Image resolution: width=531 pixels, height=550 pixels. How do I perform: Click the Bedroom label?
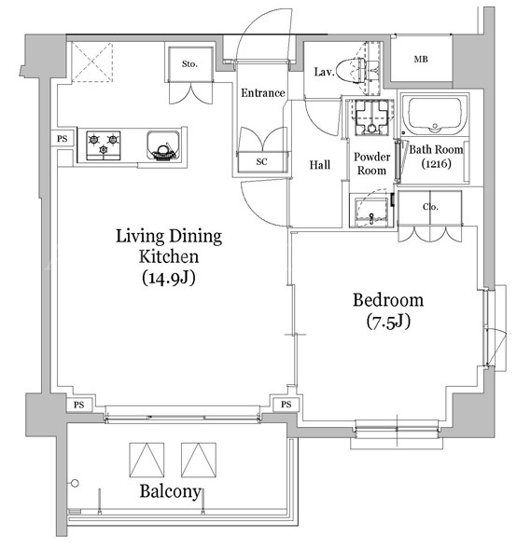tap(388, 300)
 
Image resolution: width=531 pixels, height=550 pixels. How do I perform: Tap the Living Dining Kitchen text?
tap(169, 246)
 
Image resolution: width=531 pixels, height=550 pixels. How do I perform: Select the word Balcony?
tap(171, 492)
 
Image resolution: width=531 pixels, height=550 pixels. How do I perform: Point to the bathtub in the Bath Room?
tap(435, 115)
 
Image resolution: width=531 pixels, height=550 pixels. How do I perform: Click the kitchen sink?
tap(162, 145)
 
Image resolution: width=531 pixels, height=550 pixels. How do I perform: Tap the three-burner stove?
tap(104, 144)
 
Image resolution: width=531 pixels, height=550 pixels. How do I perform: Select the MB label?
tap(421, 60)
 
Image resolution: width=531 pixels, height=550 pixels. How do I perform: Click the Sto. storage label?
tap(189, 64)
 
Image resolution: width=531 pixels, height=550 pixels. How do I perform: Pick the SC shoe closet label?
tap(261, 161)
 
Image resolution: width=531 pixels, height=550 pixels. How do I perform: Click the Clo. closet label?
tap(430, 207)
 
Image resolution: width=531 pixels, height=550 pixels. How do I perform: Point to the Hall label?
tap(320, 165)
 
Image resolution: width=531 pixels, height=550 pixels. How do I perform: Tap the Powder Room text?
tap(372, 164)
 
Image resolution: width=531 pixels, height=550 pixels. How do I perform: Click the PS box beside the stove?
tap(63, 139)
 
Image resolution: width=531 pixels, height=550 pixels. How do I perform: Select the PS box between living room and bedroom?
tap(286, 405)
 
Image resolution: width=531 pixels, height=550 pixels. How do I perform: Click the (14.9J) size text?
tap(169, 278)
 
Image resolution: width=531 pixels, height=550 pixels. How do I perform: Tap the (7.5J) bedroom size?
tap(388, 322)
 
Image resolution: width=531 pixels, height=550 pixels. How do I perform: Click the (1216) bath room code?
tap(436, 164)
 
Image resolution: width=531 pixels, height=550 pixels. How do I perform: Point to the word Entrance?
tap(262, 93)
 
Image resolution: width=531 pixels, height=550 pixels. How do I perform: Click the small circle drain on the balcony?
tap(75, 483)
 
